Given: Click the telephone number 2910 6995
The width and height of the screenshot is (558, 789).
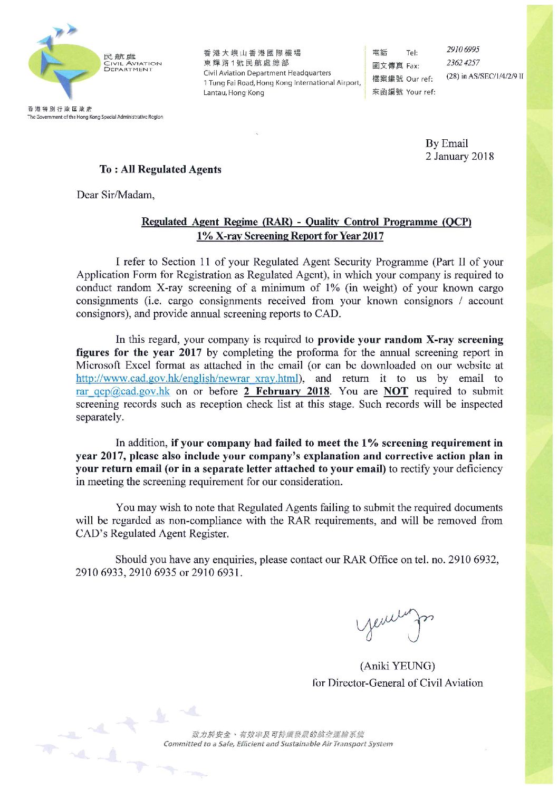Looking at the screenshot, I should point(463,50).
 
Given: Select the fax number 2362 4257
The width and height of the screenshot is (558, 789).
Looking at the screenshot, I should point(463,63).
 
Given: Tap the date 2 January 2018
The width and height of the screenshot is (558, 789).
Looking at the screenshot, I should point(459,157).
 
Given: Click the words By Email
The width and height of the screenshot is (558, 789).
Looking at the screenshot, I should point(447,143).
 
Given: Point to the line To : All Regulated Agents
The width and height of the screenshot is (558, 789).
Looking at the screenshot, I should point(160,169).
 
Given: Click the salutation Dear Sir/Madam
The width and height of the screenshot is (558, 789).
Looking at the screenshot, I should point(116,195).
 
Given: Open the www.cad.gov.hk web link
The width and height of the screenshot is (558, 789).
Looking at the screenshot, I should point(188,379).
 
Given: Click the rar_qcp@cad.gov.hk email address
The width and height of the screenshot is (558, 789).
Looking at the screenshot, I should point(123,391).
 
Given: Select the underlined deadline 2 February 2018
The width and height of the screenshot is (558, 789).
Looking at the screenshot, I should point(287,391).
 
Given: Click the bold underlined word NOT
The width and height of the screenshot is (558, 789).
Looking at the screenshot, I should point(396,391).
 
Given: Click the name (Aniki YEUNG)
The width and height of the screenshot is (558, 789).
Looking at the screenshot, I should point(397,666).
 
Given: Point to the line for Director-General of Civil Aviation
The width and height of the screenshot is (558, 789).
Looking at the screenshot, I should point(397,683).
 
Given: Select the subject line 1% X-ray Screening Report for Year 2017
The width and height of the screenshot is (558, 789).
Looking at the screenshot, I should point(290,236).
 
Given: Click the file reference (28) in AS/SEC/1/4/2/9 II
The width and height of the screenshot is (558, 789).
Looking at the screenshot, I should point(485,76).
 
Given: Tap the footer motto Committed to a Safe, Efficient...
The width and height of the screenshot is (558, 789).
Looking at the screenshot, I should point(278,744).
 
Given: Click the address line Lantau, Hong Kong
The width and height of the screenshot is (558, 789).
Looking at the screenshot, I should point(234,93).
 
